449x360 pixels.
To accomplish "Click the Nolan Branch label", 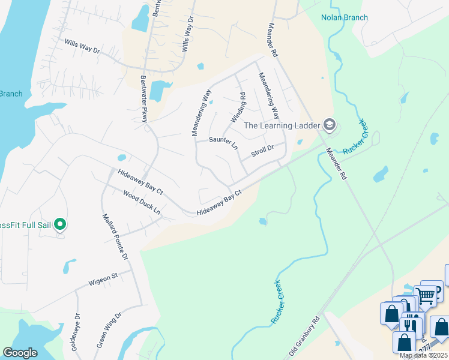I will (344, 17).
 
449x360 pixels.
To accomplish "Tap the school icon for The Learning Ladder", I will (329, 125).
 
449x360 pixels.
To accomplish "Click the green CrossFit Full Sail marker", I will (60, 224).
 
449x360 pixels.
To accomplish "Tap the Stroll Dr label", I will (262, 149).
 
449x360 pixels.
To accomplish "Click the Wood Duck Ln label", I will (142, 203).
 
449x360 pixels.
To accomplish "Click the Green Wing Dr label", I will (109, 330).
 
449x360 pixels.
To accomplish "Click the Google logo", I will (20, 352).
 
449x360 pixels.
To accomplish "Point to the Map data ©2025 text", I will (424, 355).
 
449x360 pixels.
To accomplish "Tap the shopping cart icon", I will (426, 295).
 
